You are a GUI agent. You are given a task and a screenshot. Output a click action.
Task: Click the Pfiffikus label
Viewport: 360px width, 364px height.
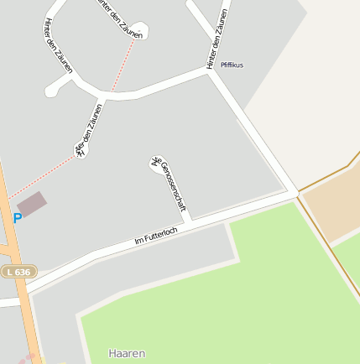pos(232,65)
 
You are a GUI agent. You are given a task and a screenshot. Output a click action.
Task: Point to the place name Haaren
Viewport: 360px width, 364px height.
pos(127,353)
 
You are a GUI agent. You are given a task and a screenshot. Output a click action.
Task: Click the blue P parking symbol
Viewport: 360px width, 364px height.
pos(18,218)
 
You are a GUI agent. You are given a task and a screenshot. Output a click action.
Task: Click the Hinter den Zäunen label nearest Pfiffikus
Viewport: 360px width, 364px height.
pos(217,39)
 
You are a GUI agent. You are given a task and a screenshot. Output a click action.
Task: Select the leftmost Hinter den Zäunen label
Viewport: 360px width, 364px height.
pos(58,49)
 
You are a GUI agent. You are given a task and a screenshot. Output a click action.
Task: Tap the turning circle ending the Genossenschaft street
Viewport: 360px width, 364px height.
pos(156,163)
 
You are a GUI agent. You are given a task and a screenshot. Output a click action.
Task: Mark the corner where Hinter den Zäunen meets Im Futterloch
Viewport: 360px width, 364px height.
pos(295,195)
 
